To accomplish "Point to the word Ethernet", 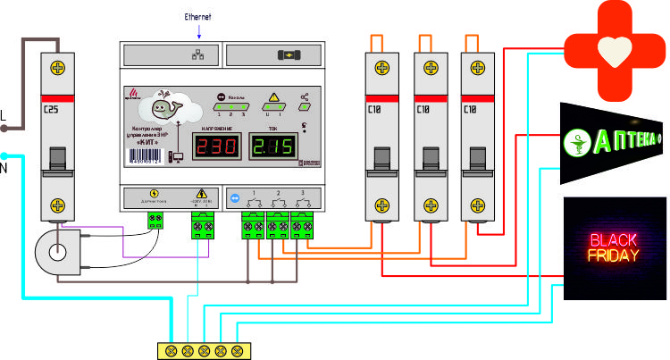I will tap(198, 16).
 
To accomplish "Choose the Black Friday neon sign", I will tap(614, 248).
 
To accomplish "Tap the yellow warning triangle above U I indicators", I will tap(273, 96).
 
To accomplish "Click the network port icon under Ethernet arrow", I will tap(198, 54).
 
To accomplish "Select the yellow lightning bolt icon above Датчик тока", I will tap(155, 192).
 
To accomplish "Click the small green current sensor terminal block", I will tap(160, 218).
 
